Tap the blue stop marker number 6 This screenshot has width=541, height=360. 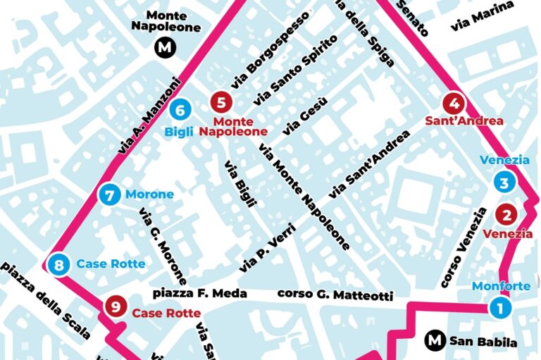[180, 110]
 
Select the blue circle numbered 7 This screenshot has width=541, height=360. [108, 194]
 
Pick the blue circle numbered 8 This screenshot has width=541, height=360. [58, 265]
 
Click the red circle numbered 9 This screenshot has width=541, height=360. [114, 306]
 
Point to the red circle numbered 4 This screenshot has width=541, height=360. [455, 103]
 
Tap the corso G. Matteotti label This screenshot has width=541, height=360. [335, 294]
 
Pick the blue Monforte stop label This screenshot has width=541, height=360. [500, 286]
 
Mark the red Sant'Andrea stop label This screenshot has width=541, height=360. [464, 120]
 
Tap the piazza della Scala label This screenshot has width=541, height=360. [46, 302]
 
